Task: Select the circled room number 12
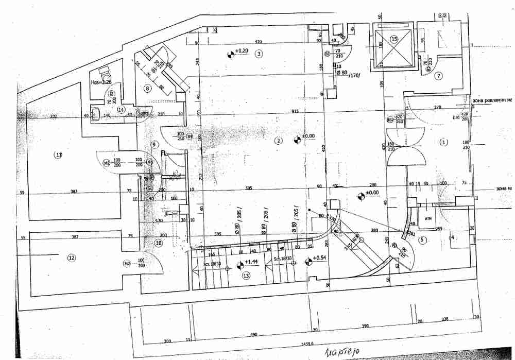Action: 72,258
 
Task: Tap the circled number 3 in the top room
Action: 259,53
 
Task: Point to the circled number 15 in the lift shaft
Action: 394,39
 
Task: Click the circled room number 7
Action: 438,76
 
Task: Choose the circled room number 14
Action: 121,109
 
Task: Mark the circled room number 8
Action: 147,89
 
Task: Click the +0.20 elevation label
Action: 242,51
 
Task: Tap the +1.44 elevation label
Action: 251,262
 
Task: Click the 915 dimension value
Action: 295,112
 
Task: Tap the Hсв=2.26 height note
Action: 100,81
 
